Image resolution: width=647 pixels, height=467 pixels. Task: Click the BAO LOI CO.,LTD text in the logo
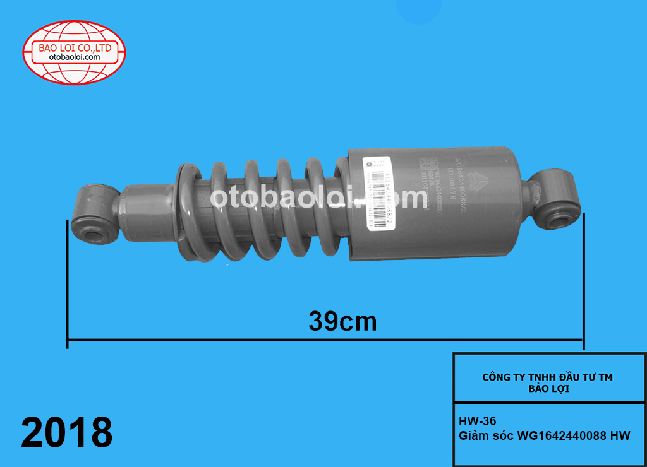click(75, 47)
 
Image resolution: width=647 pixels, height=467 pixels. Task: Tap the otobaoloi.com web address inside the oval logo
click(75, 57)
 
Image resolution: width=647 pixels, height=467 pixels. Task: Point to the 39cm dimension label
click(342, 321)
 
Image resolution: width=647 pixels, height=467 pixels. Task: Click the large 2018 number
click(67, 432)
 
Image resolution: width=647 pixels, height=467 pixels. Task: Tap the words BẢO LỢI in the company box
click(548, 389)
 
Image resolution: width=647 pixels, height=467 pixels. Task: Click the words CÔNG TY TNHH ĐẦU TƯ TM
click(548, 377)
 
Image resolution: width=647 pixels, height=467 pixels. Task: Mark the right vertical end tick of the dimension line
click(584, 281)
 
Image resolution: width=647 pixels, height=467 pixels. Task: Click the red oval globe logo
click(75, 52)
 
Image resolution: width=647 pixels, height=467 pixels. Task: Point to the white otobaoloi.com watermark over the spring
click(319, 198)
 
